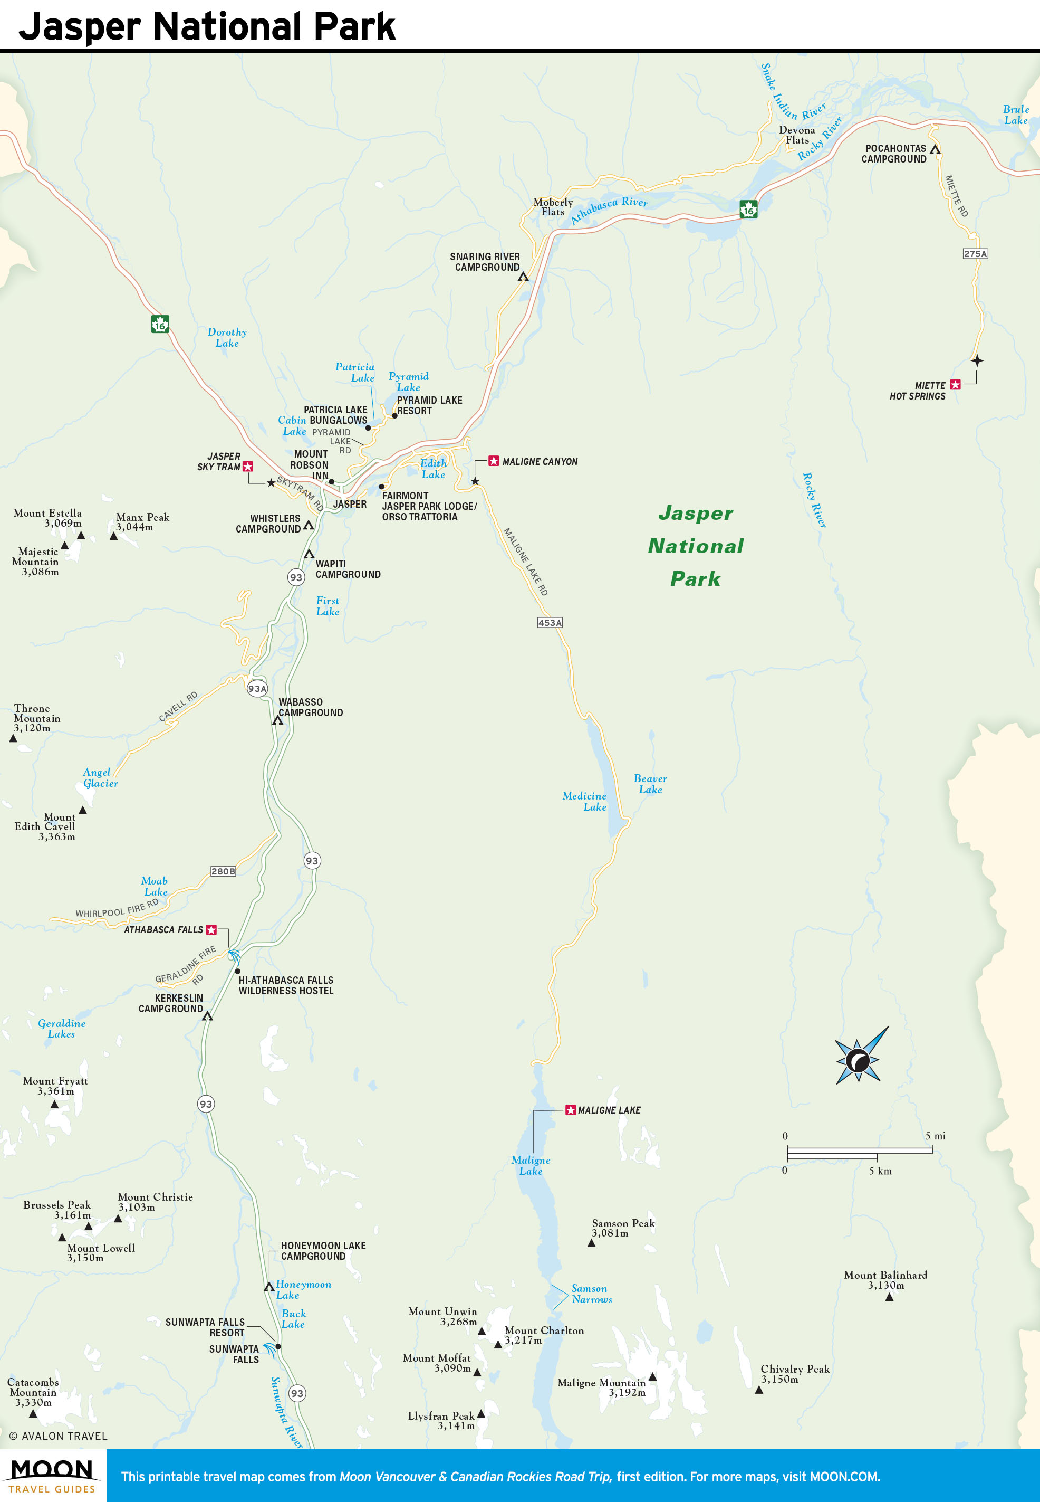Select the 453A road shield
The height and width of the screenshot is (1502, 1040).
(550, 623)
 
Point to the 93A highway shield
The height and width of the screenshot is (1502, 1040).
(257, 688)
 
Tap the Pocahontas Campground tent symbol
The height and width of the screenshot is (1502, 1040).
(935, 150)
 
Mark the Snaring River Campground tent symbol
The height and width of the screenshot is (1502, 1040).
(523, 277)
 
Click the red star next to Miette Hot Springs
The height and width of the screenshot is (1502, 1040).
(955, 385)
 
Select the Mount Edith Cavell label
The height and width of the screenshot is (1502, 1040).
(45, 826)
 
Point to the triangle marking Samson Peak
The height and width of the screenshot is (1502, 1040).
(591, 1243)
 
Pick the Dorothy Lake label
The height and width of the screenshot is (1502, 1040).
(227, 337)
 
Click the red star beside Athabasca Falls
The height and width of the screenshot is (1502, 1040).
(211, 929)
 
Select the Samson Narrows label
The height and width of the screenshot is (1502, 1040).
(592, 1294)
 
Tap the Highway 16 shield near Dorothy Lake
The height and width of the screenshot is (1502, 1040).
(160, 324)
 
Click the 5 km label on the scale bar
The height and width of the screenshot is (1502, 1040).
(880, 1171)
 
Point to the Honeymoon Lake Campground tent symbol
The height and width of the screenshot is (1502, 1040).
(268, 1287)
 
